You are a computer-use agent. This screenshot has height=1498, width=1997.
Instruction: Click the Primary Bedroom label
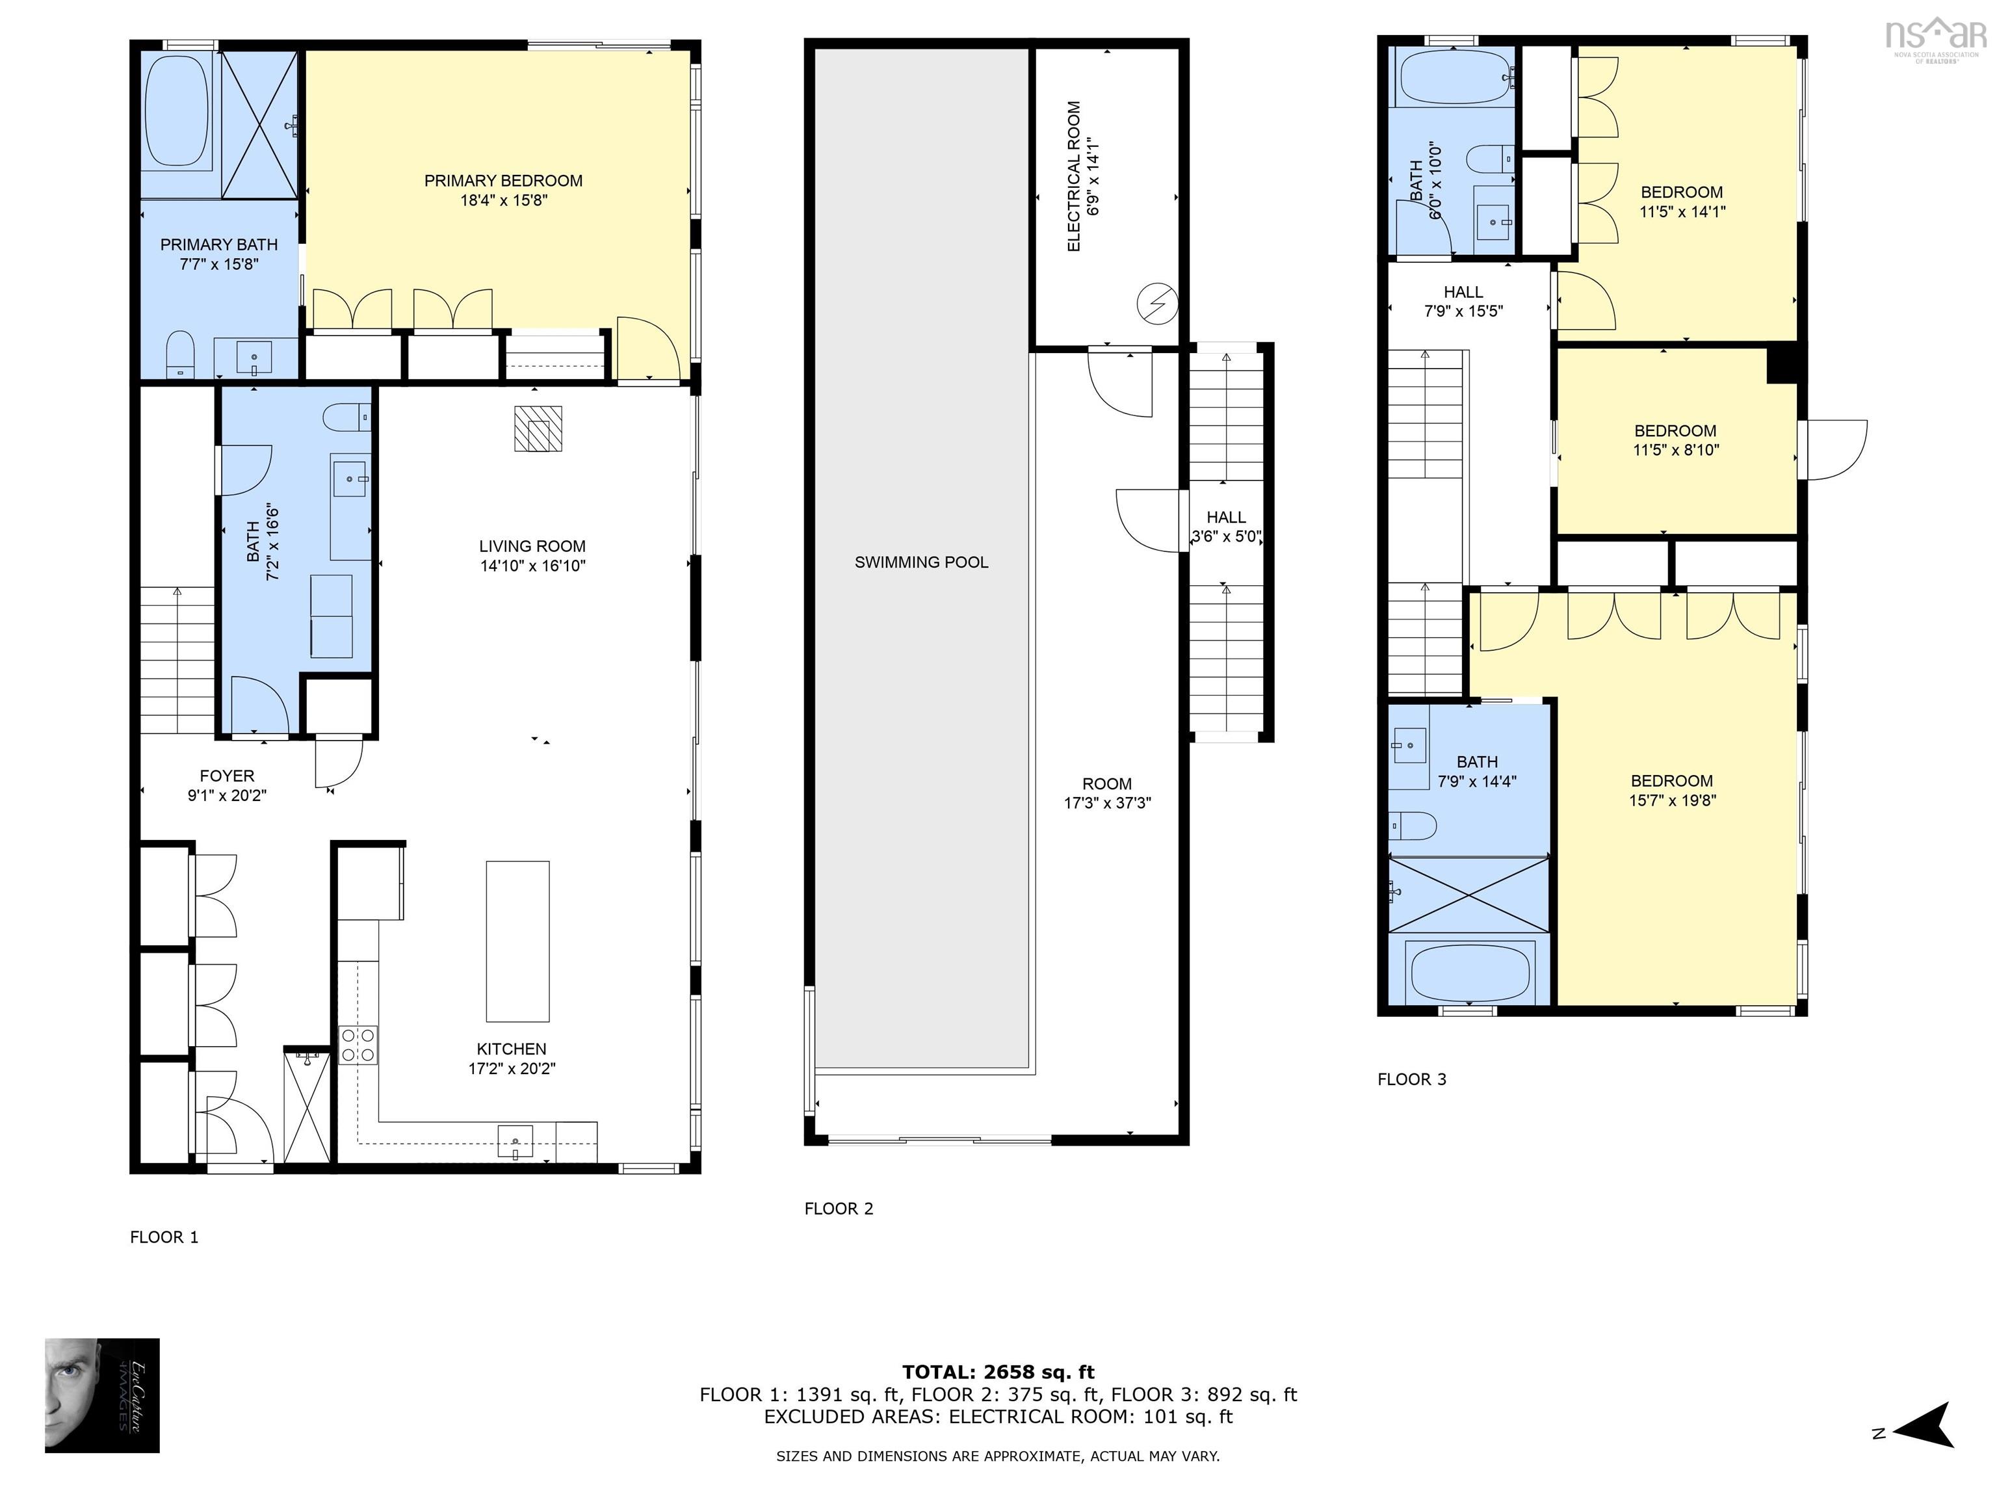pyautogui.click(x=503, y=181)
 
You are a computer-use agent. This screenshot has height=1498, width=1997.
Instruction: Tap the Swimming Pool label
pyautogui.click(x=921, y=562)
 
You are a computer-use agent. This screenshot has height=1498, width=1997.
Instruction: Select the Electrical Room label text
pyautogui.click(x=1073, y=176)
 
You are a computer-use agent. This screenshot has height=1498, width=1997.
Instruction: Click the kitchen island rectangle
pyautogui.click(x=517, y=941)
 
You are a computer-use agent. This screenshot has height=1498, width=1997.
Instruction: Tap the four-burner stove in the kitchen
pyautogui.click(x=358, y=1045)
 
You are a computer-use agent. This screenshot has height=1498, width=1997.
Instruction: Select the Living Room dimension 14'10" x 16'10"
pyautogui.click(x=532, y=566)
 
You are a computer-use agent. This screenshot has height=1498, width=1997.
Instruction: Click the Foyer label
pyautogui.click(x=227, y=776)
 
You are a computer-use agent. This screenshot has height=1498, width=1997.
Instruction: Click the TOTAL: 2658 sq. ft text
pyautogui.click(x=998, y=1373)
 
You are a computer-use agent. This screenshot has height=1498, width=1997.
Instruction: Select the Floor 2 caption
pyautogui.click(x=839, y=1208)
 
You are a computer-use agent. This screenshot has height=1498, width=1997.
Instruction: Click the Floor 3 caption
pyautogui.click(x=1412, y=1079)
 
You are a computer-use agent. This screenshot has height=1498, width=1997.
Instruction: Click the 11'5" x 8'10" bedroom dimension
pyautogui.click(x=1676, y=450)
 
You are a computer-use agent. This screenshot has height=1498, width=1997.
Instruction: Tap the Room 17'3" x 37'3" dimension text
pyautogui.click(x=1108, y=803)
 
